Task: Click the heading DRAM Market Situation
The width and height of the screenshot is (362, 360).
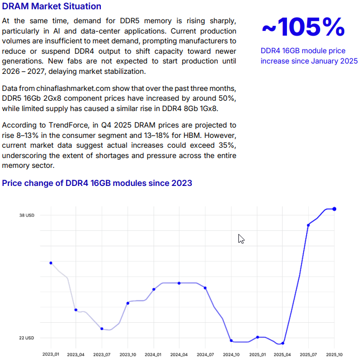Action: pos(52,6)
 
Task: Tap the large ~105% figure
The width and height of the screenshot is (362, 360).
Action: pos(303,27)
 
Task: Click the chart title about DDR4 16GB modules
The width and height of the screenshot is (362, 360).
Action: pos(97,183)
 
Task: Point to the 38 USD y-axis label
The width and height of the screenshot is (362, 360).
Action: pos(27,215)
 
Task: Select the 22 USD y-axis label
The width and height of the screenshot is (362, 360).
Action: pos(27,338)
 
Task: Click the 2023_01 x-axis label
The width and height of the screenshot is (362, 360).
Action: pos(50,354)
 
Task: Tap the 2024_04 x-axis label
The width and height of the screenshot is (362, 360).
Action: pos(179,354)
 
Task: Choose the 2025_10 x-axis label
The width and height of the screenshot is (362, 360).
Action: pos(334,354)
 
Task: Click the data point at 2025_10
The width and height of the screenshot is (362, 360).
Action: pos(335,209)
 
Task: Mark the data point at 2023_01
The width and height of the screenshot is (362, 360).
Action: pos(51,263)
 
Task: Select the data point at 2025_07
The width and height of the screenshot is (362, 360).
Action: pos(308,225)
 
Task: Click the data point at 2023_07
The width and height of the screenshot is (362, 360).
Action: pos(102,328)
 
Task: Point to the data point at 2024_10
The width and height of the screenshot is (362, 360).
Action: pos(231,341)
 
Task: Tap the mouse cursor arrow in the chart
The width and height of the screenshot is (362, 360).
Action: pos(240,239)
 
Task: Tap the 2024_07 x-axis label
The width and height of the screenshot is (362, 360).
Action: pos(205,354)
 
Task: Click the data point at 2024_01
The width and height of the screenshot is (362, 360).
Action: pos(154,289)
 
